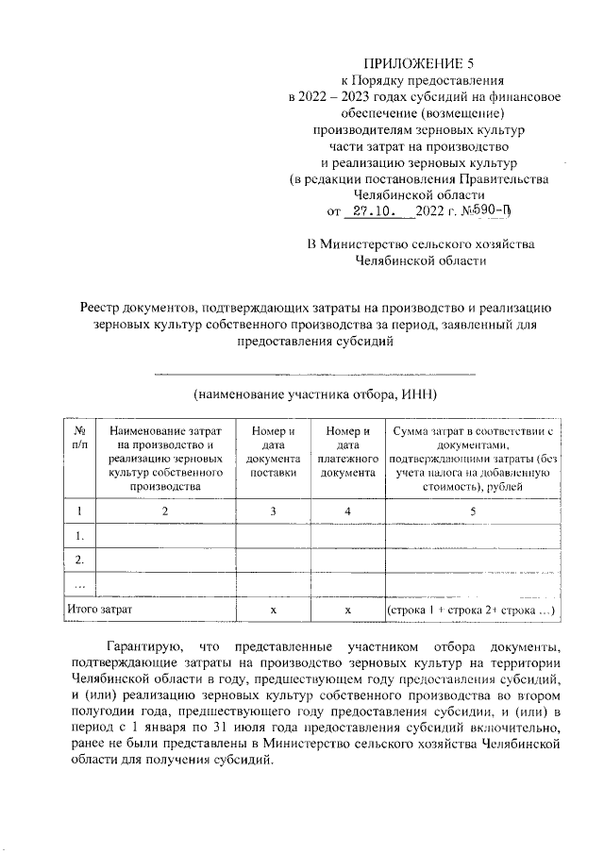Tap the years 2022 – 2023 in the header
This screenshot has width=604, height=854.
point(329,98)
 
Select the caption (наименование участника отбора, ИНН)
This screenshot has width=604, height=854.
point(314,393)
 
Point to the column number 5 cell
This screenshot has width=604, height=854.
point(473,511)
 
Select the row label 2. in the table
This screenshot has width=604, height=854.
point(78,561)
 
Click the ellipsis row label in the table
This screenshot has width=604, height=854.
point(78,585)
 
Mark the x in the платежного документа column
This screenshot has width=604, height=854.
point(347,611)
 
